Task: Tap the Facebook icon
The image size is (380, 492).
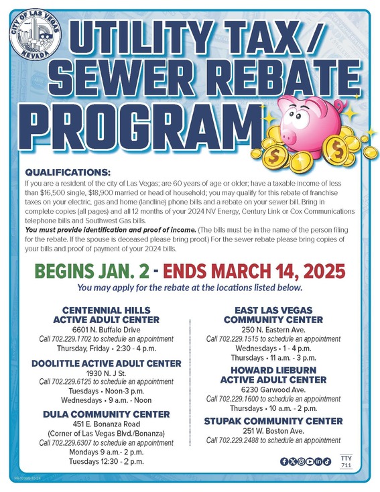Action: [x=284, y=461]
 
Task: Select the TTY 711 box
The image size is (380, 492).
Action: [x=346, y=460]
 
